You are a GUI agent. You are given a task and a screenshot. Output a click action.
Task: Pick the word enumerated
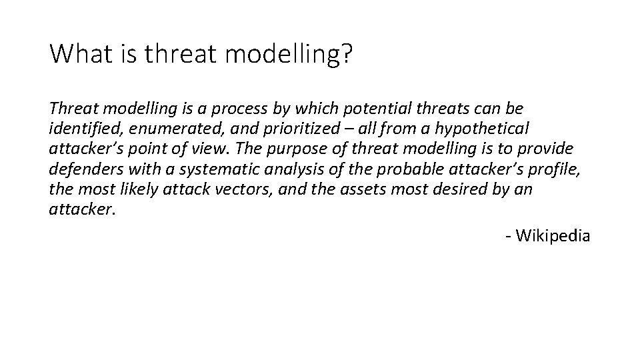pos(165,128)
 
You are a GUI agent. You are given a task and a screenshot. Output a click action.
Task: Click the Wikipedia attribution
pos(548,235)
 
